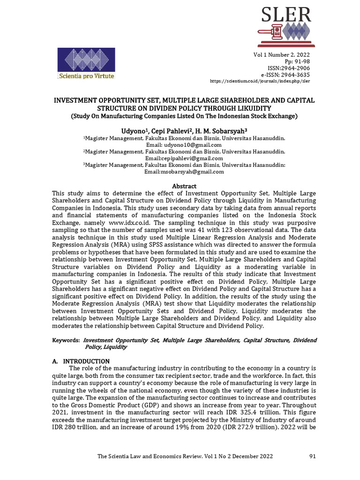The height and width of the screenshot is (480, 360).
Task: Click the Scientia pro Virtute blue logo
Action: [86, 63]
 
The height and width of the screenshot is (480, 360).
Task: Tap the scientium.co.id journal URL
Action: [260, 81]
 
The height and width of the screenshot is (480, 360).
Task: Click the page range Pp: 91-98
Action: [293, 61]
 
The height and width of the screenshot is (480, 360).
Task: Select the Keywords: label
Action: [65, 340]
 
